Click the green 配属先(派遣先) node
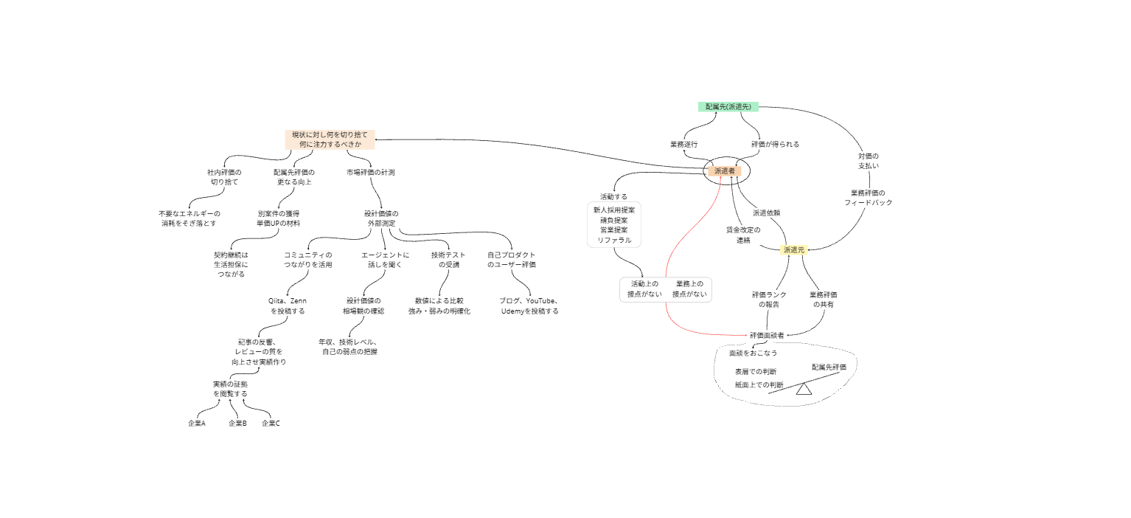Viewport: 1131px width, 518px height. (x=728, y=107)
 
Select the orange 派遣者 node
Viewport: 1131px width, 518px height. (x=724, y=171)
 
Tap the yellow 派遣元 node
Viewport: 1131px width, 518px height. (x=794, y=250)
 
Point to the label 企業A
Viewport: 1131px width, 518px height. (x=196, y=424)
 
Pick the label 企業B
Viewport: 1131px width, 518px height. (x=237, y=424)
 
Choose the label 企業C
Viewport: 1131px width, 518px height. (x=271, y=424)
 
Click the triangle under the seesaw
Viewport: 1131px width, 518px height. (x=804, y=389)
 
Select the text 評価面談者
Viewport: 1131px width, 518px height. (x=767, y=335)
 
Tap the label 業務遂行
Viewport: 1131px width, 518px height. (x=683, y=145)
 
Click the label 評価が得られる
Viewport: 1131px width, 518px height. (x=775, y=145)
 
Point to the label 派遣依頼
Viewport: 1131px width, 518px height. (x=767, y=213)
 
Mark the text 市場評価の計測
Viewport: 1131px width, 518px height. (x=370, y=172)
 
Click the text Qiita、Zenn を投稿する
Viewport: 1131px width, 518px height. (x=288, y=306)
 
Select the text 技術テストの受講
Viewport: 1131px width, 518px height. (x=448, y=260)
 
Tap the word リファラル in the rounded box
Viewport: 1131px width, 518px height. (x=613, y=240)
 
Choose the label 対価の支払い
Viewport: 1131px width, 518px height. (x=868, y=161)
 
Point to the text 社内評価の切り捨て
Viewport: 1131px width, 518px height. (x=224, y=176)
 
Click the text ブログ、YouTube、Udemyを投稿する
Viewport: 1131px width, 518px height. (x=529, y=306)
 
